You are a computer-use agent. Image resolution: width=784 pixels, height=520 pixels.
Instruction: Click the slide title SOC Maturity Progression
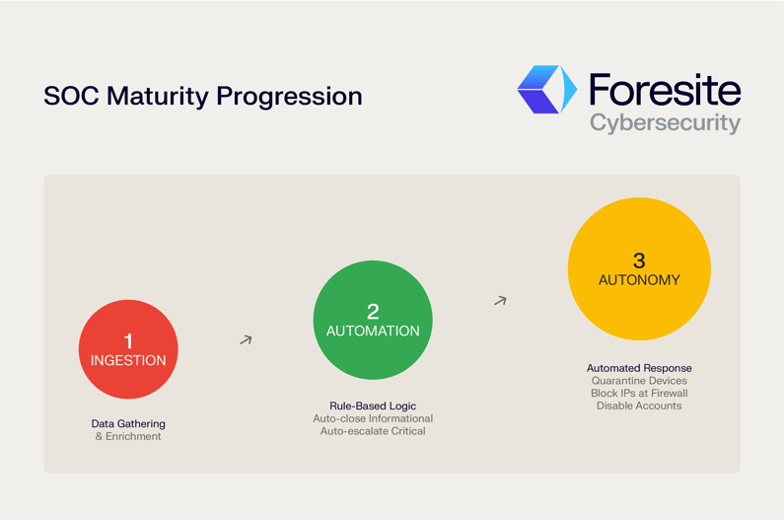(x=202, y=97)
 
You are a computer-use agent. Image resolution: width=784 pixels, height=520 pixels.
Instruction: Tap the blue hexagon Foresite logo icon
(x=546, y=90)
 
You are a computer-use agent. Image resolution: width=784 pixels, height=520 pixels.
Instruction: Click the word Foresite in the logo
(x=664, y=90)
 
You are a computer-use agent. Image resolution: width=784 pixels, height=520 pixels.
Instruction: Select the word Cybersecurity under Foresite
(x=664, y=123)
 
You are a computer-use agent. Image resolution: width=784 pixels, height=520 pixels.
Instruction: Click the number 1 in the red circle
(x=128, y=341)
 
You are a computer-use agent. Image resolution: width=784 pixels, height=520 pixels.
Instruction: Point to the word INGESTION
(x=128, y=361)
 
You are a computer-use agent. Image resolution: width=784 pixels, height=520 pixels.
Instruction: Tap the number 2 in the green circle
(x=373, y=312)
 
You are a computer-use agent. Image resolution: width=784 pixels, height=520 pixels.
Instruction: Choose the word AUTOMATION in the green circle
(x=373, y=332)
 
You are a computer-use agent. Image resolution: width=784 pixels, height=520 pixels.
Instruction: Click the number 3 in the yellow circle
(x=639, y=260)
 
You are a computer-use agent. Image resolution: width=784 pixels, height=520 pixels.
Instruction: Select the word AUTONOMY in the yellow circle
(x=639, y=280)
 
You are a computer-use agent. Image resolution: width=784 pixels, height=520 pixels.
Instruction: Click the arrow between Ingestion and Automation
(x=246, y=339)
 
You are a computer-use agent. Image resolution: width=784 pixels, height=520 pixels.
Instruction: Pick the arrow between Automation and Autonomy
(x=500, y=300)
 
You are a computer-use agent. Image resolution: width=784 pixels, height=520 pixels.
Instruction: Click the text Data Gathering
(x=128, y=423)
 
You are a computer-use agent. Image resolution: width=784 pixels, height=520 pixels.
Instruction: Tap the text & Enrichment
(x=128, y=436)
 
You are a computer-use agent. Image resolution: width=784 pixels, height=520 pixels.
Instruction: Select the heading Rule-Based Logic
(x=373, y=406)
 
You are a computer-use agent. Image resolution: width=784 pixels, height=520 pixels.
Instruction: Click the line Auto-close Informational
(x=373, y=418)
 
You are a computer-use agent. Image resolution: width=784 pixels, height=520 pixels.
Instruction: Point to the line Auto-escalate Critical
(x=373, y=431)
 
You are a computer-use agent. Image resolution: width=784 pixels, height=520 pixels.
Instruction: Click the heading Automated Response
(x=639, y=368)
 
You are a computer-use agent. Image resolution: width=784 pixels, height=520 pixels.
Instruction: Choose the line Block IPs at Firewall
(x=639, y=393)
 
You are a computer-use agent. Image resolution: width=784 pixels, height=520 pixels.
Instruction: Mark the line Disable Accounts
(x=639, y=406)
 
